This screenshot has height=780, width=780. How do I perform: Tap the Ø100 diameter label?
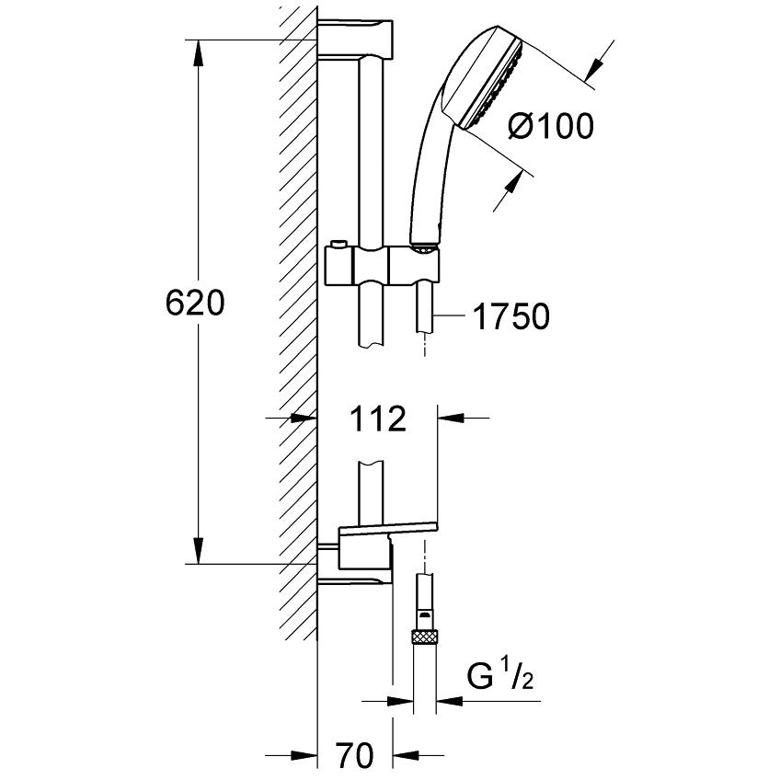coord(551,125)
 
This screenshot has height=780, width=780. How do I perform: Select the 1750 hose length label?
coord(511,315)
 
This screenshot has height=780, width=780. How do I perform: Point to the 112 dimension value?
coord(378,419)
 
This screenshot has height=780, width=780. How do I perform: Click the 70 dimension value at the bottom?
coord(355,755)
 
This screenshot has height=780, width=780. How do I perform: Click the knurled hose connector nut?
coord(424,636)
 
